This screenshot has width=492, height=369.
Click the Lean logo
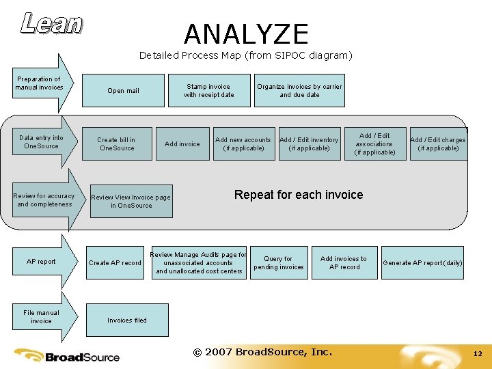pos(52,23)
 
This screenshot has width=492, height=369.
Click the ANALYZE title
pos(246,34)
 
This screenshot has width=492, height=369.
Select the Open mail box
pos(123,91)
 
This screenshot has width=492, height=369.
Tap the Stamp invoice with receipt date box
pos(208,91)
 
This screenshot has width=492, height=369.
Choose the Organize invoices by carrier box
pos(299,91)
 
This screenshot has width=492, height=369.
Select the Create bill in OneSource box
pos(117,143)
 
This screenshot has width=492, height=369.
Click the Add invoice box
pos(182,143)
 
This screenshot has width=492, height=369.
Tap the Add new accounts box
pos(243,143)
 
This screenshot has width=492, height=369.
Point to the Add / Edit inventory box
pos(309,143)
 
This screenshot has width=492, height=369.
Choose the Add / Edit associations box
pos(374,143)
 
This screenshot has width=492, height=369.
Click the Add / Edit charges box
pos(438,143)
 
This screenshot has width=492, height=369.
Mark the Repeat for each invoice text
pos(299,195)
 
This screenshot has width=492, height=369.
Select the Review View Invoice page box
pos(131,201)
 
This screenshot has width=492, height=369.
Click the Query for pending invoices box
pos(278,263)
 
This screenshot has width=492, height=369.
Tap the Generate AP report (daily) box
pos(422,263)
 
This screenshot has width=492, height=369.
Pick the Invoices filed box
pos(127,320)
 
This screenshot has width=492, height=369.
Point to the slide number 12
pos(478,353)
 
